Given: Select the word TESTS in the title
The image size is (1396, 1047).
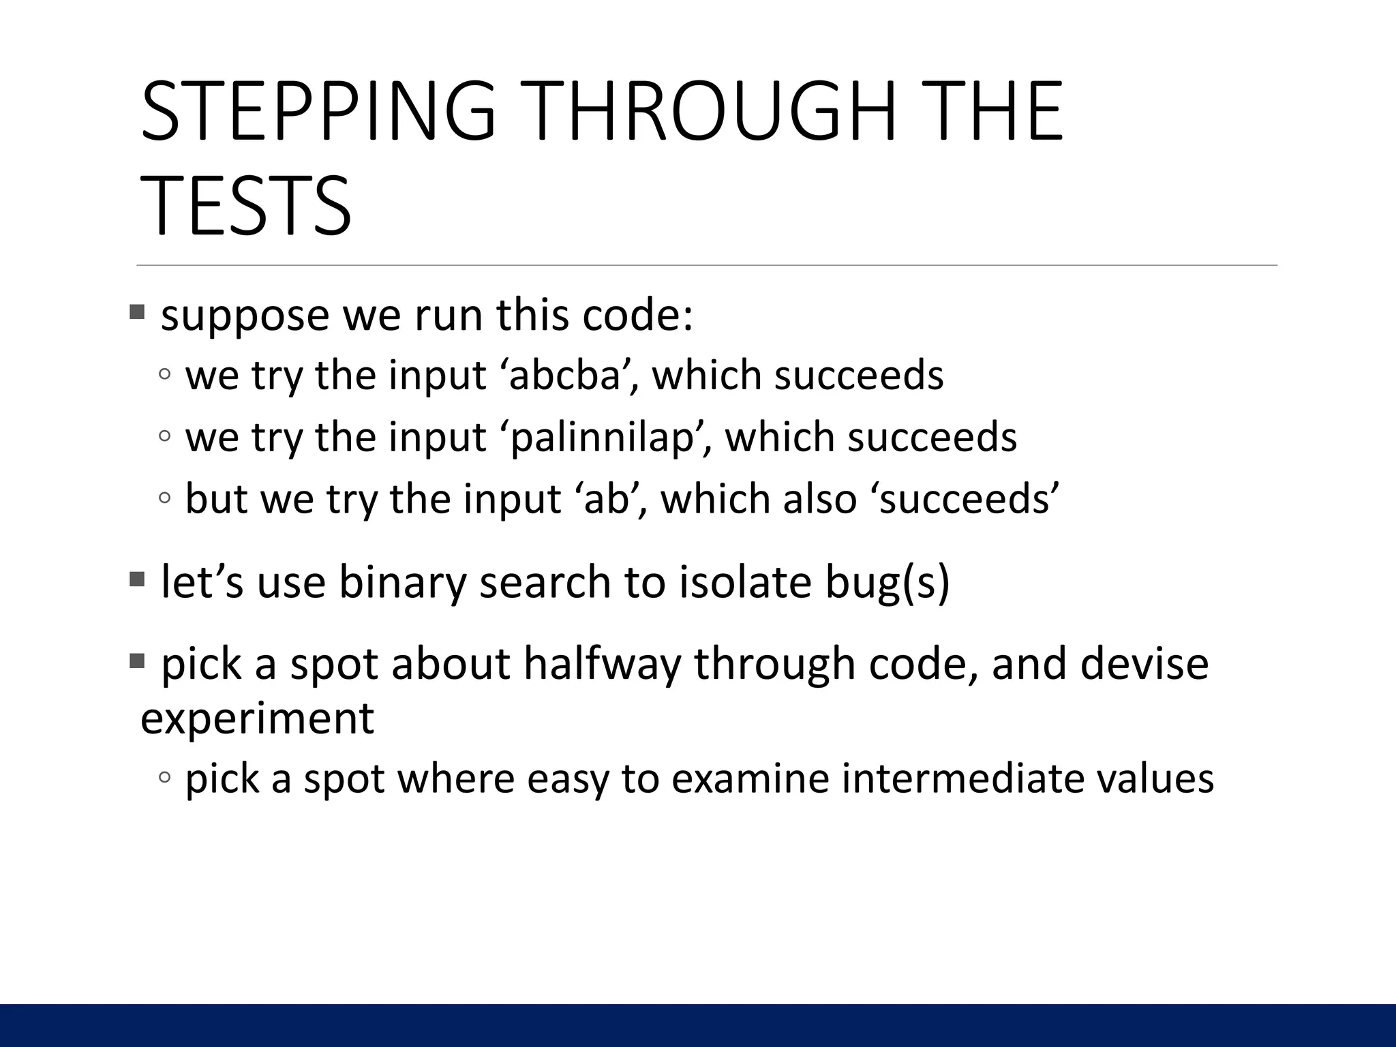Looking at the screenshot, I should coord(246,206).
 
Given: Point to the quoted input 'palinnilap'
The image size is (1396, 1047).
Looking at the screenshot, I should coord(607,437).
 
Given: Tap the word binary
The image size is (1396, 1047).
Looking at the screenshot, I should coord(402,583).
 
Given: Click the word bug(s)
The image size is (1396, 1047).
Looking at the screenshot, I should coord(887,583).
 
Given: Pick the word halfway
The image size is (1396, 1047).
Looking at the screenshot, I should coord(602,664).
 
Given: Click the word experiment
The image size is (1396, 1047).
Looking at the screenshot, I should coord(257,718).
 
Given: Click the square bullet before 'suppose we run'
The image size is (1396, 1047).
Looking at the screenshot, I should coord(137,313).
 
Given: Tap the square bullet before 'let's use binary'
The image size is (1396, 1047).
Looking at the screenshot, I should coord(137,580).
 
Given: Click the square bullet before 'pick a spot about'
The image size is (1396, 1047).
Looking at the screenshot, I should coord(137,661).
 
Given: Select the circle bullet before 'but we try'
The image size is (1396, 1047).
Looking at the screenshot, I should coord(164,498).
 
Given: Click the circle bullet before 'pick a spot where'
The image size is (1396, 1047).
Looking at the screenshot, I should coord(164,777).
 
